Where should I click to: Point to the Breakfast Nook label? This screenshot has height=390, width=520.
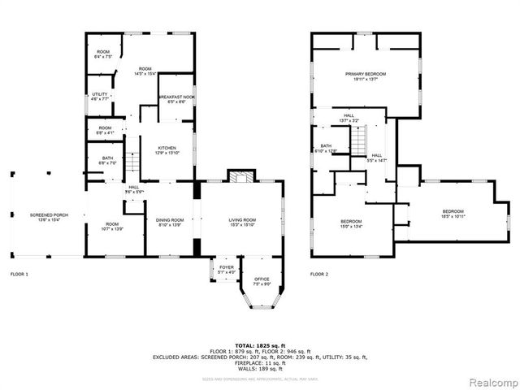click(176, 99)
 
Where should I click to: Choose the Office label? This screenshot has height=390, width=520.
click(262, 281)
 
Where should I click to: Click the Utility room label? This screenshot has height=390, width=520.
click(100, 97)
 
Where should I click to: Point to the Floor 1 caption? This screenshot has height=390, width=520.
click(19, 275)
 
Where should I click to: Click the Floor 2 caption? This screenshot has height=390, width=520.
click(319, 275)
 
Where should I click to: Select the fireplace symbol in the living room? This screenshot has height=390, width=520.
click(240, 177)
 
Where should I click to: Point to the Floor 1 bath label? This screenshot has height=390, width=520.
click(107, 161)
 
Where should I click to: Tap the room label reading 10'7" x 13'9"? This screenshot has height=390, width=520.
click(112, 227)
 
